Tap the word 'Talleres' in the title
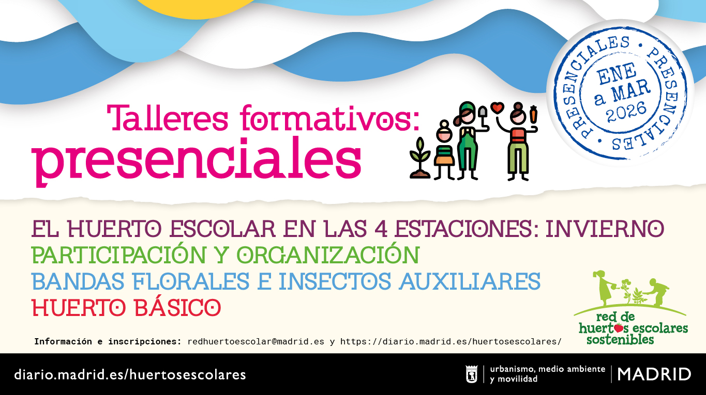(x=168, y=118)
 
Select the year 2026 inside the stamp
(x=626, y=112)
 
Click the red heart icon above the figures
(x=497, y=107)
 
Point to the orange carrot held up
(x=533, y=114)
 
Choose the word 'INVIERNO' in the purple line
(x=605, y=229)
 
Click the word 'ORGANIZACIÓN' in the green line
(x=328, y=255)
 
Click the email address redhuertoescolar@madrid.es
(x=256, y=342)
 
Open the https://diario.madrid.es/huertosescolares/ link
(x=450, y=342)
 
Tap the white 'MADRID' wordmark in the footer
(x=654, y=374)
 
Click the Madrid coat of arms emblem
(x=472, y=374)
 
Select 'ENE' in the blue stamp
(x=617, y=74)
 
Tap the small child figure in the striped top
(x=444, y=150)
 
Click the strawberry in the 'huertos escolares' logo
(x=619, y=328)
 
